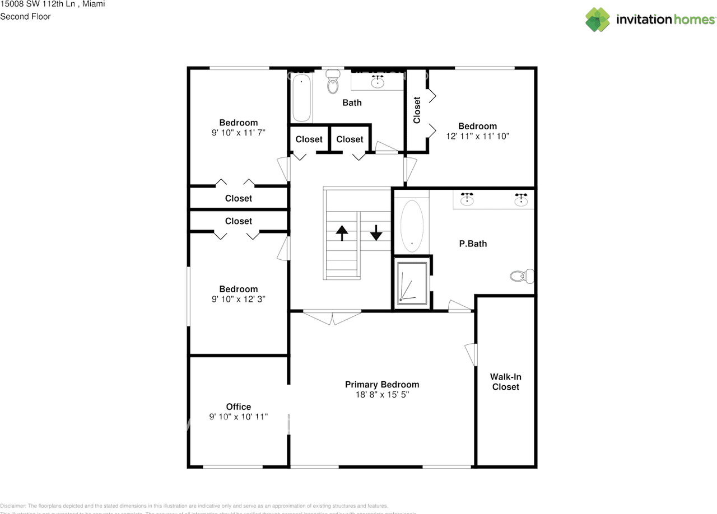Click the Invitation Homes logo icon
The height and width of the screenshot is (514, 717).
tap(598, 20)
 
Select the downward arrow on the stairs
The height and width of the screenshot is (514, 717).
tap(376, 232)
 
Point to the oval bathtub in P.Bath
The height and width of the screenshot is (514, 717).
tap(412, 224)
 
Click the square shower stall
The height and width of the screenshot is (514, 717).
tap(412, 282)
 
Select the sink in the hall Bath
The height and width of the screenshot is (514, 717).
tap(378, 82)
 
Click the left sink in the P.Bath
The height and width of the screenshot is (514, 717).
tap(467, 199)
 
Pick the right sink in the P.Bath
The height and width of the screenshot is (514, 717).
tap(522, 199)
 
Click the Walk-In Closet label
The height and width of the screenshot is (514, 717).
tap(505, 382)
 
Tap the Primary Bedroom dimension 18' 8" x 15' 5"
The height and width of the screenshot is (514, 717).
tap(381, 395)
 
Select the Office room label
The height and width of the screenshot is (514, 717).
tap(239, 406)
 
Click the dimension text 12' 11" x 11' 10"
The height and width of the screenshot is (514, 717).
tap(477, 135)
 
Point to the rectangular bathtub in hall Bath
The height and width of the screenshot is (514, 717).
tap(301, 99)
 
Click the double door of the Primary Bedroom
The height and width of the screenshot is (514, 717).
tap(332, 317)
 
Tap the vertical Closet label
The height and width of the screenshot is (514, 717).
tap(417, 110)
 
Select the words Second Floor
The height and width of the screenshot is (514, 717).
tap(25, 16)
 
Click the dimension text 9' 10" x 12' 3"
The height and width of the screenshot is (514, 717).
tap(239, 299)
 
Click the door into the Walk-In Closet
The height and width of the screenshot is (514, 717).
tap(471, 354)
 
